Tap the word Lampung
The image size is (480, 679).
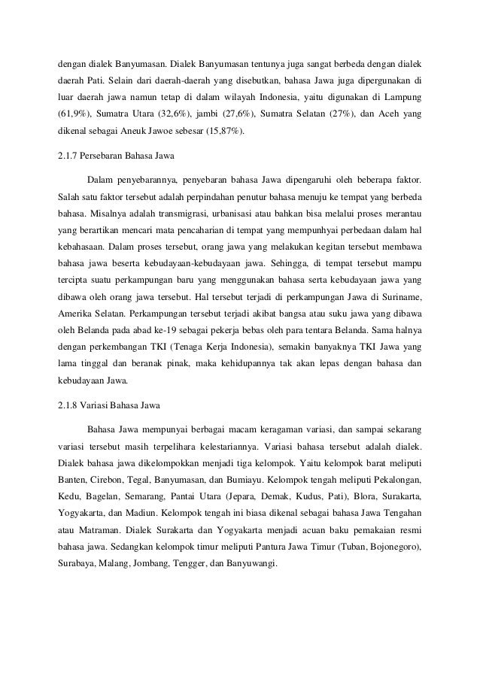pyautogui.click(x=400, y=97)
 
